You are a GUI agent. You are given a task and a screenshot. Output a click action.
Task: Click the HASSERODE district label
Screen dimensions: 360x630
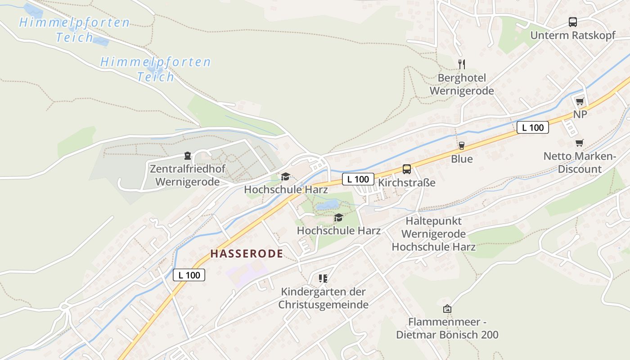click(x=247, y=254)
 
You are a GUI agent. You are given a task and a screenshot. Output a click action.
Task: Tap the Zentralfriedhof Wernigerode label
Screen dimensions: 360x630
click(x=187, y=175)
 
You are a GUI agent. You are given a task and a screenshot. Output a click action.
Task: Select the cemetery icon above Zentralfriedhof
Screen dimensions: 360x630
click(x=187, y=156)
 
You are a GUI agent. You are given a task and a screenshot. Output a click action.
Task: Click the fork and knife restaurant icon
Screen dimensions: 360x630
click(x=461, y=64)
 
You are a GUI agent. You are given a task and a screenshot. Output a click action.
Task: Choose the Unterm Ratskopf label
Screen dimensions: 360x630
click(x=573, y=36)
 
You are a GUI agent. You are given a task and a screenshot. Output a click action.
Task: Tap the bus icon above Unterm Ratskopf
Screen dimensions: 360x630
click(x=573, y=22)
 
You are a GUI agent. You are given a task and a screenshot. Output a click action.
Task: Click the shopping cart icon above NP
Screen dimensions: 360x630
click(x=580, y=101)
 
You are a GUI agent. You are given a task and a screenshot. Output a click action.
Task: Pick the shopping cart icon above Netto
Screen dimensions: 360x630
click(x=580, y=143)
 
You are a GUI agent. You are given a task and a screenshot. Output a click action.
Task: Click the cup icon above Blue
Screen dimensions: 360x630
click(x=461, y=145)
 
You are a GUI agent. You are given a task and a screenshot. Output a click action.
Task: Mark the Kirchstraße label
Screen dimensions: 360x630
click(x=407, y=183)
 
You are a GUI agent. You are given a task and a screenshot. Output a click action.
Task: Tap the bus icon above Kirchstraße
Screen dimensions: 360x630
click(x=407, y=169)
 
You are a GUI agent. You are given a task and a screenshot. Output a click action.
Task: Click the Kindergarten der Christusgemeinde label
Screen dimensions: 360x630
click(x=323, y=298)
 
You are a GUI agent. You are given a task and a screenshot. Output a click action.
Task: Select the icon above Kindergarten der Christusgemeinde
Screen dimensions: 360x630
click(x=323, y=279)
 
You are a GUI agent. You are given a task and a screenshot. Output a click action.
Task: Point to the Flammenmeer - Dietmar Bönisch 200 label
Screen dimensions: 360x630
click(x=447, y=328)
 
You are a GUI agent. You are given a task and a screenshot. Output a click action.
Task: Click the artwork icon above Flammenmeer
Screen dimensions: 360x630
click(x=447, y=309)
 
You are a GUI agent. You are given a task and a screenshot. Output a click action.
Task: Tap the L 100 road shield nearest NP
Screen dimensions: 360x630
click(x=533, y=127)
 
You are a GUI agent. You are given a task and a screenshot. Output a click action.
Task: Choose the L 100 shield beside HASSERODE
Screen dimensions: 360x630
click(x=189, y=275)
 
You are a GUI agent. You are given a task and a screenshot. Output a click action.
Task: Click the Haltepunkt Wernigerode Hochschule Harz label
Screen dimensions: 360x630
click(x=434, y=234)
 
